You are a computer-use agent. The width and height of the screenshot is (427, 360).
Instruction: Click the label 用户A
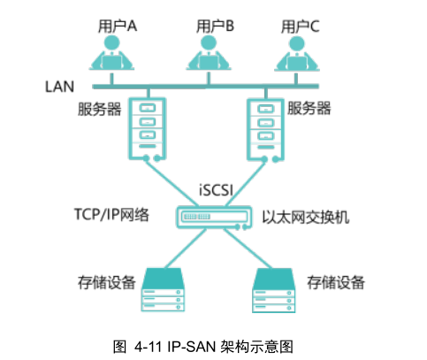point(118,26)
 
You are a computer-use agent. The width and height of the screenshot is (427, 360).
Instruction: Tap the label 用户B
point(215,26)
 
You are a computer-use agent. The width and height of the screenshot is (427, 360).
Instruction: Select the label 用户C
point(300,27)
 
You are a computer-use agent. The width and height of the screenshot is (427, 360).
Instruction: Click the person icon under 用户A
point(111,53)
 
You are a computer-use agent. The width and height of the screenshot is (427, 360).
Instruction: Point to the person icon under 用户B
point(209,53)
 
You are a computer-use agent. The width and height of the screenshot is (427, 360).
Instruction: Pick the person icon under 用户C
point(297,54)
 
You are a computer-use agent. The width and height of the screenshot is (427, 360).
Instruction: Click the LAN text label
point(59,87)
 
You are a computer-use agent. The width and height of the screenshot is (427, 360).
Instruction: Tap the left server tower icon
point(148,129)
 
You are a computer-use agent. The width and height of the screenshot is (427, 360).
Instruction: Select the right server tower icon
point(265,130)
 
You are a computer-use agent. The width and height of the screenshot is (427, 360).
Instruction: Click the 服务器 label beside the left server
point(100,109)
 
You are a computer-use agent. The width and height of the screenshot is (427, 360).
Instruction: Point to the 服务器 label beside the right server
point(309,108)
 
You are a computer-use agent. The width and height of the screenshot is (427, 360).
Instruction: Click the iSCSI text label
point(216,190)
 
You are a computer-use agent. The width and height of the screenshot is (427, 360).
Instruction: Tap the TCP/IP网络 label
point(111,215)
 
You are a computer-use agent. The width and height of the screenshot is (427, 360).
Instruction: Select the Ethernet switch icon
point(214,218)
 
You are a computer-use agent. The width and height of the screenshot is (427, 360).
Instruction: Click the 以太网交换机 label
point(306,218)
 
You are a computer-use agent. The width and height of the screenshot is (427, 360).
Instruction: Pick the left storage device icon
point(163,289)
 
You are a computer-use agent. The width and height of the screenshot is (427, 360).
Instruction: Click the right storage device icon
point(273,290)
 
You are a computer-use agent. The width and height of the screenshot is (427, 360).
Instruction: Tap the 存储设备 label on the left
point(107,282)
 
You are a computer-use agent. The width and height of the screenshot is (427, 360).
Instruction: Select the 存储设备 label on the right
point(336,282)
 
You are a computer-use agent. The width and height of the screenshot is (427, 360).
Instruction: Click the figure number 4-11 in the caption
point(149,347)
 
